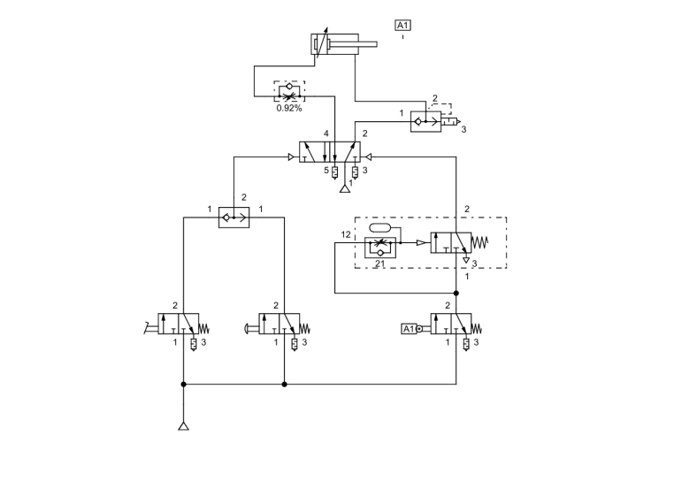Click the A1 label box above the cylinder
pos(403,26)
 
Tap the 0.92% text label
pos(289,108)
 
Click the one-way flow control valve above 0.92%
pos(290,90)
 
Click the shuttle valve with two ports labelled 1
pos(234,217)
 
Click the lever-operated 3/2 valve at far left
pos(178,324)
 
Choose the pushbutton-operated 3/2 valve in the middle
pos(279,324)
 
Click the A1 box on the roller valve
pos(408,329)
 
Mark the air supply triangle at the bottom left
pos(183,428)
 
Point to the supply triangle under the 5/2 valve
pos(346,189)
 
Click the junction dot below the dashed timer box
pos(456,293)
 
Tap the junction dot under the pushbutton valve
pos(284,385)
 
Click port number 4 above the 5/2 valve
pos(326,134)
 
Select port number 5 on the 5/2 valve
pos(326,170)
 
